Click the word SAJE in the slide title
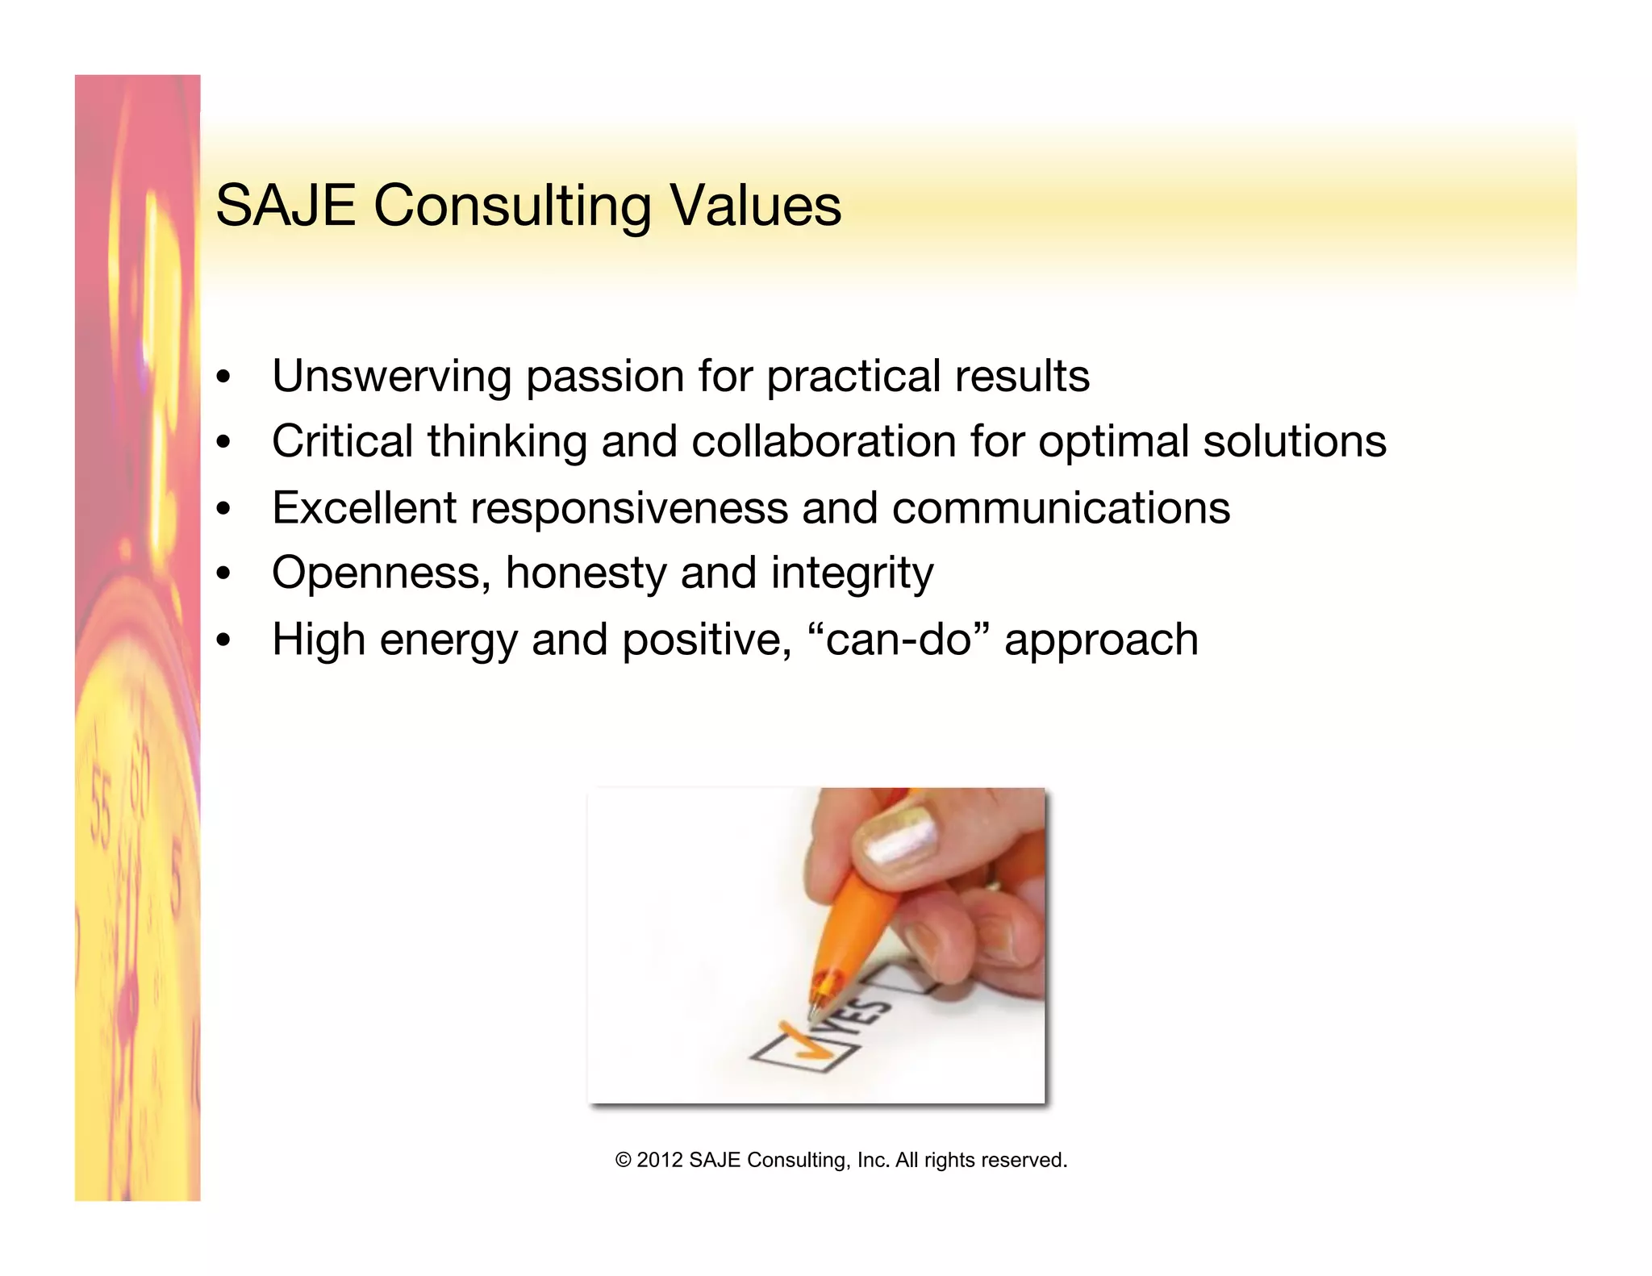click(x=286, y=206)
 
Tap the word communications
click(x=1061, y=507)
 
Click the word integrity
click(x=852, y=574)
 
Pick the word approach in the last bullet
click(x=1101, y=640)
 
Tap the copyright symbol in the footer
click(x=623, y=1160)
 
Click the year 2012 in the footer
click(x=659, y=1160)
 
